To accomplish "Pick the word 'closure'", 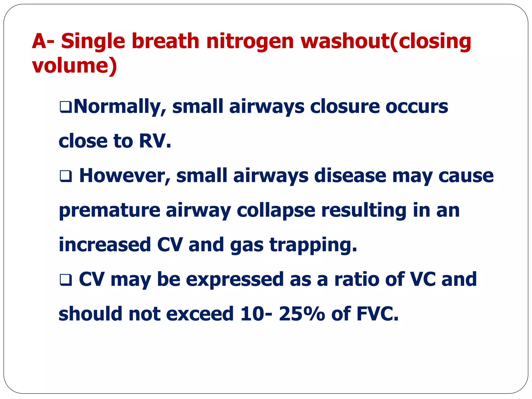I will click(x=344, y=107).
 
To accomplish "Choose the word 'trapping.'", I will click(x=313, y=245).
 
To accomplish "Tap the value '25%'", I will click(x=302, y=314).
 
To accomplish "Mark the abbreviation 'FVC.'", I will click(x=377, y=314).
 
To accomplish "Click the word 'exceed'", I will click(x=200, y=314).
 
